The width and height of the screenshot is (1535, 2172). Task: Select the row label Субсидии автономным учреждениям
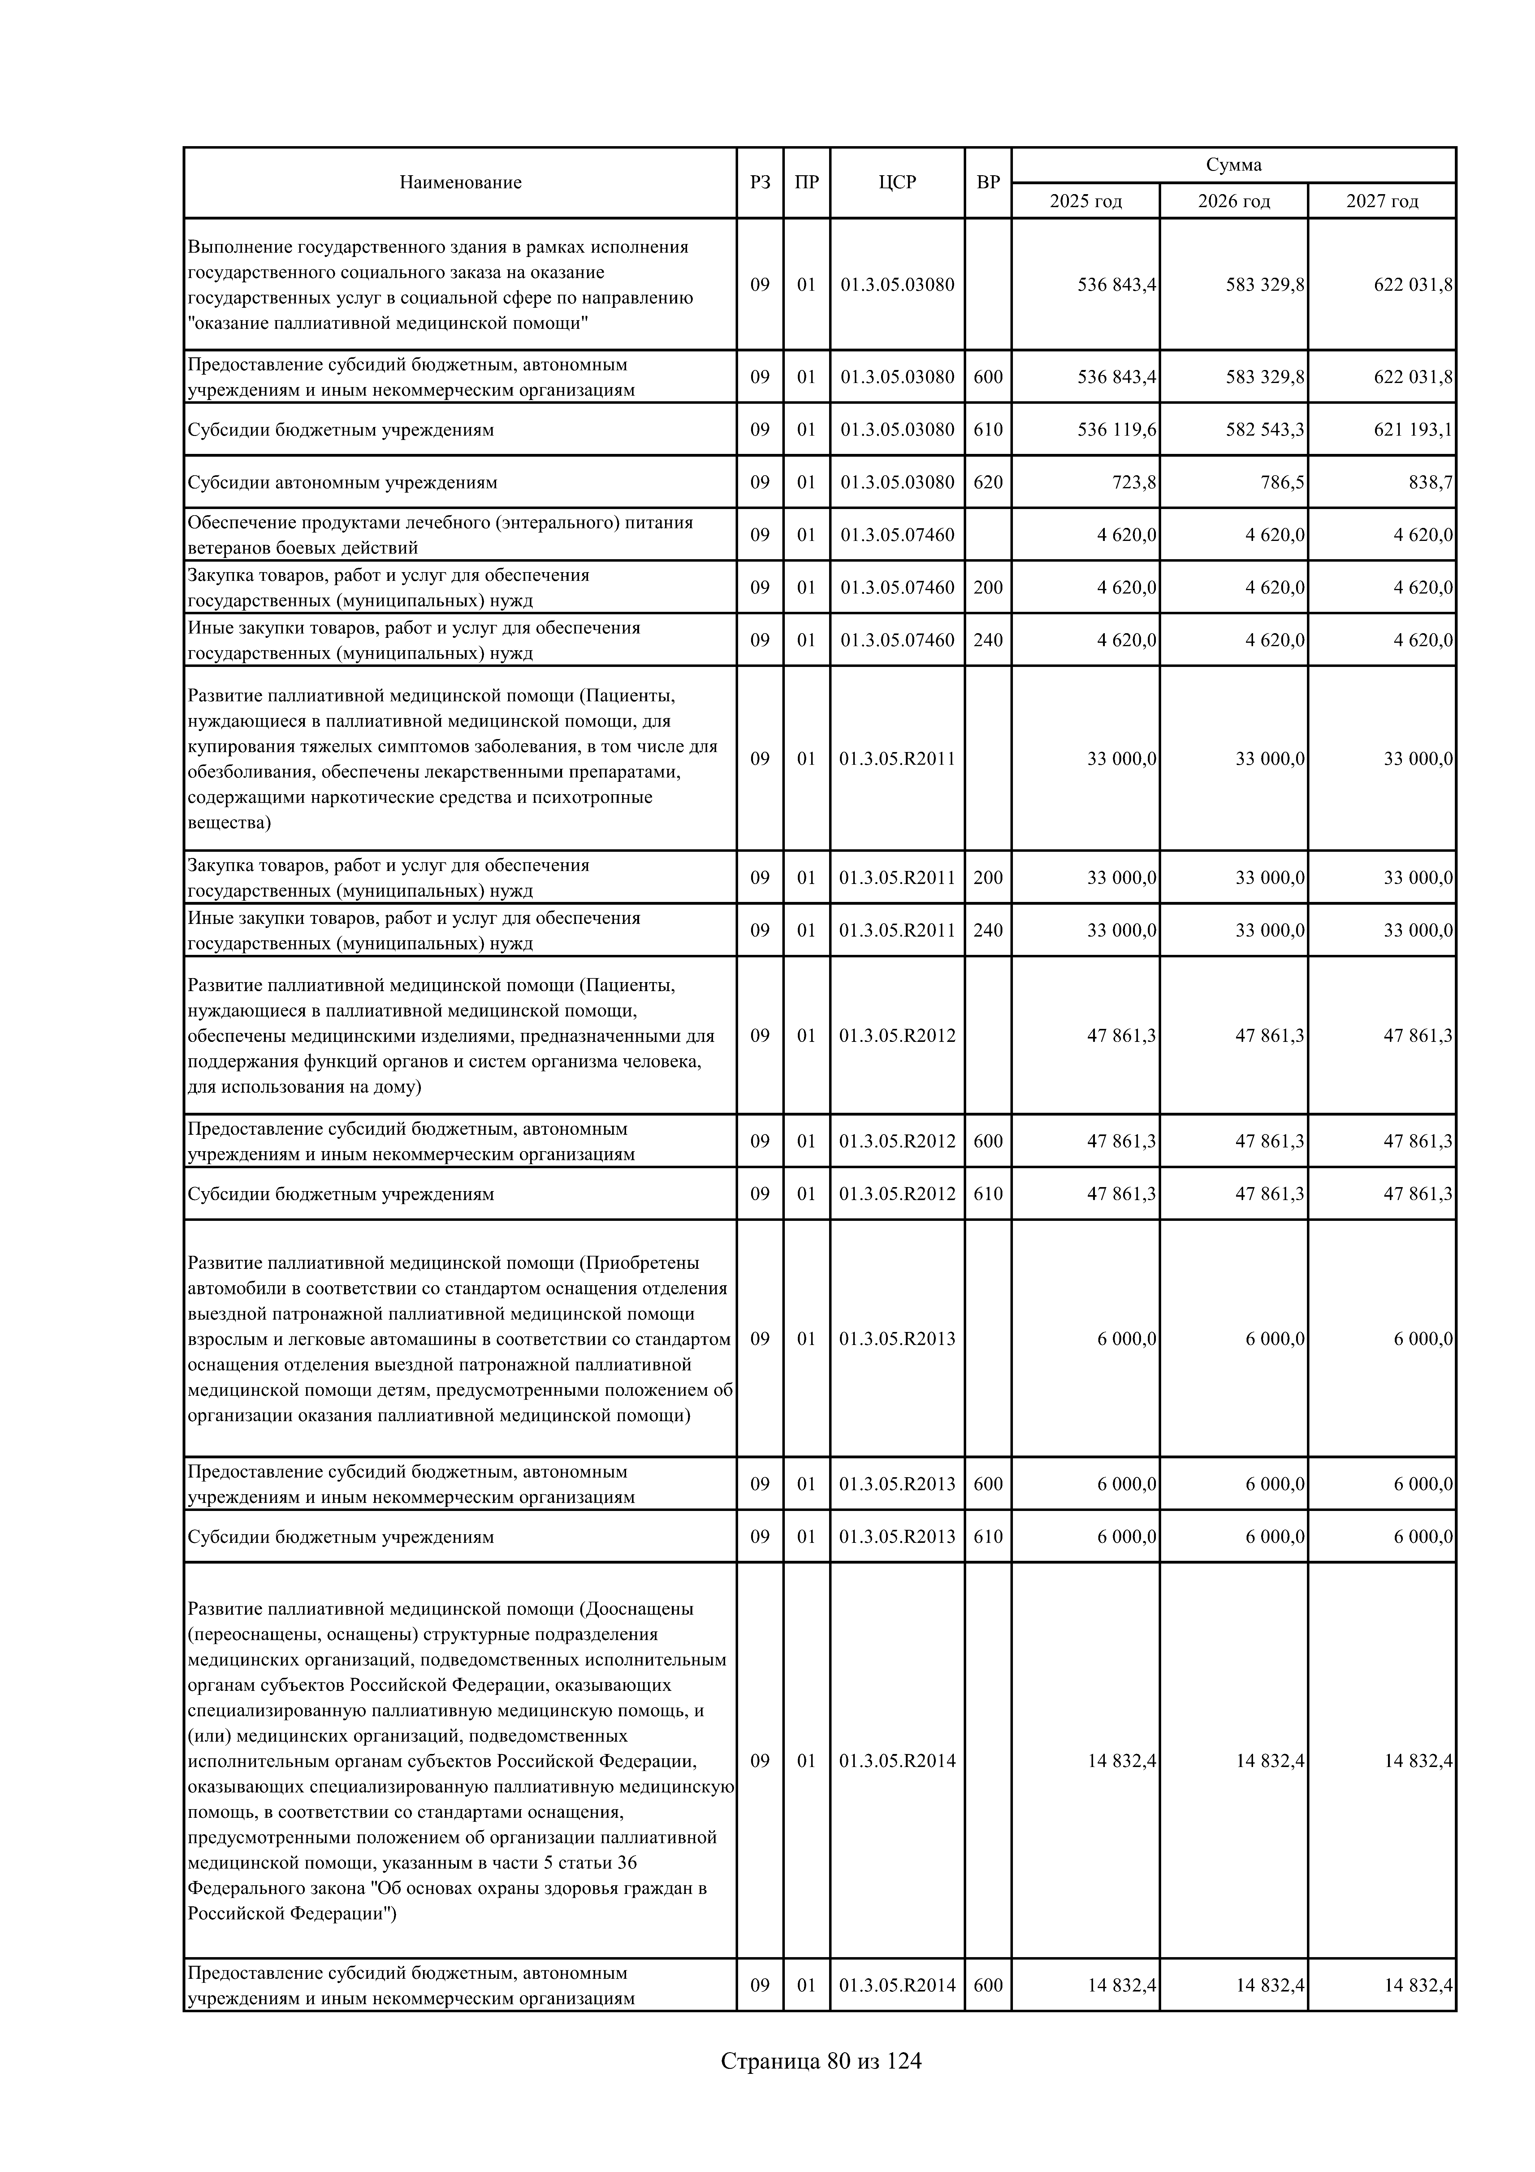tap(341, 482)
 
